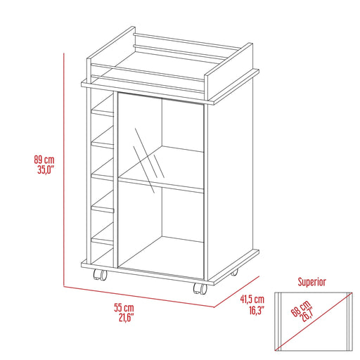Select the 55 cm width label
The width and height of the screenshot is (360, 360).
coord(124,309)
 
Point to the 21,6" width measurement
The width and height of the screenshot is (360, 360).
coord(124,319)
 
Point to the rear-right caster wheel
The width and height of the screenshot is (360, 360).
coord(233,271)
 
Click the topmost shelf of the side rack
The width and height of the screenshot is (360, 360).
coord(104,110)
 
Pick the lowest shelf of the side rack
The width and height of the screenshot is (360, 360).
coord(104,240)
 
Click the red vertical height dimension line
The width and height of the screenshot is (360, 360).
coord(63,169)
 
